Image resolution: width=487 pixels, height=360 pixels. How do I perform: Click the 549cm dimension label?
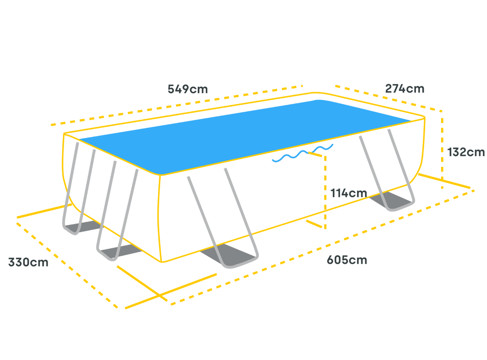point(187,89)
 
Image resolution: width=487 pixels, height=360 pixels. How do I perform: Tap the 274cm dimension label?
point(404,88)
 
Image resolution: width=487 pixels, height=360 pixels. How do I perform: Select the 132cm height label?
point(466,152)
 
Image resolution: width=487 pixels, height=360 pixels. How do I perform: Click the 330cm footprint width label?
point(28,263)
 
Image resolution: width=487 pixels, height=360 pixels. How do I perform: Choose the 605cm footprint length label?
point(347,260)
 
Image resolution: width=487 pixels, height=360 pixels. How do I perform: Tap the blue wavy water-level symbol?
point(302,153)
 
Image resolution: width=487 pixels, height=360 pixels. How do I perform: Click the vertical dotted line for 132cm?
point(442,150)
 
